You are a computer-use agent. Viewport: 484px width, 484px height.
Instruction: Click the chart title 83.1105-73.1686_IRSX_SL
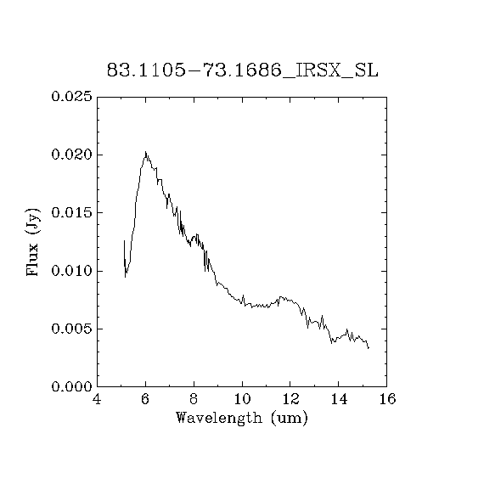pyautogui.click(x=242, y=70)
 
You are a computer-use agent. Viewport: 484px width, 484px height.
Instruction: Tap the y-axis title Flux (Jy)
pyautogui.click(x=33, y=242)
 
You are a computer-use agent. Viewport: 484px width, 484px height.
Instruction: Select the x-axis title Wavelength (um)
pyautogui.click(x=242, y=419)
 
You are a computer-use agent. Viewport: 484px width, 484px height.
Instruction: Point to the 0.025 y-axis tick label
pyautogui.click(x=71, y=97)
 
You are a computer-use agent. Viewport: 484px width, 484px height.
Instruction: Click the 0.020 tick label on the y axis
pyautogui.click(x=71, y=155)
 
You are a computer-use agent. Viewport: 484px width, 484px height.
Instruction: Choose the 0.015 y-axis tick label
pyautogui.click(x=71, y=212)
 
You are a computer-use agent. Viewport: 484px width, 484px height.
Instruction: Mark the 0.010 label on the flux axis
pyautogui.click(x=71, y=271)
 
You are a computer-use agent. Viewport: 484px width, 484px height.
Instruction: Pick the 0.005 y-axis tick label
pyautogui.click(x=71, y=329)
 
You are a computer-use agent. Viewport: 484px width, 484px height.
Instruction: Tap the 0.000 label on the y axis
pyautogui.click(x=71, y=386)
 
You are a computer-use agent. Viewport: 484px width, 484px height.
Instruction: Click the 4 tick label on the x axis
pyautogui.click(x=97, y=399)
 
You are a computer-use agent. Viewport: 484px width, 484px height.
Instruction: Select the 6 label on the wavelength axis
pyautogui.click(x=145, y=399)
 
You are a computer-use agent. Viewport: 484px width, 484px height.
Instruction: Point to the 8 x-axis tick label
pyautogui.click(x=194, y=399)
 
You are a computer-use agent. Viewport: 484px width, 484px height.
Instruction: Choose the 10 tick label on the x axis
pyautogui.click(x=242, y=399)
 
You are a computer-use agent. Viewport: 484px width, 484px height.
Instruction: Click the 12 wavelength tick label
pyautogui.click(x=290, y=399)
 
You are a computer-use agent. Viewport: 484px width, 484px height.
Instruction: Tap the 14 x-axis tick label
pyautogui.click(x=339, y=399)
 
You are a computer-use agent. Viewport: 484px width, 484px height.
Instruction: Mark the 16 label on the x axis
pyautogui.click(x=387, y=399)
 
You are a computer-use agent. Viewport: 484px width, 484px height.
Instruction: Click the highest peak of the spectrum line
pyautogui.click(x=145, y=151)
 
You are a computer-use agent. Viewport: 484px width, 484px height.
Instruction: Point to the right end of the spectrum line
pyautogui.click(x=369, y=348)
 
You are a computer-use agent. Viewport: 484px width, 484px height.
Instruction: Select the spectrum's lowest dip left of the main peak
pyautogui.click(x=126, y=277)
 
